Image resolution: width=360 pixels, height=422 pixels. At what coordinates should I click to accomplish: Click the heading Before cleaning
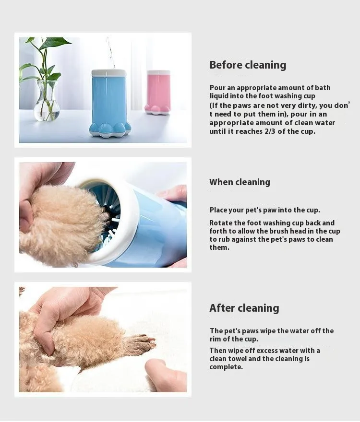248,65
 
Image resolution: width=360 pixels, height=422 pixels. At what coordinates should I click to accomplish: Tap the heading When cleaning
240,182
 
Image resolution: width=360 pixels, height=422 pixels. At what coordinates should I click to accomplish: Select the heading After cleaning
244,308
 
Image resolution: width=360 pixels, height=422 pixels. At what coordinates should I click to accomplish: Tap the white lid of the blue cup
109,73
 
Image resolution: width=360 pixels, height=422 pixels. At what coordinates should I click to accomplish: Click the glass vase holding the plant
47,101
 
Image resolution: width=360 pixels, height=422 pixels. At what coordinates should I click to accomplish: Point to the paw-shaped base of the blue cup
110,130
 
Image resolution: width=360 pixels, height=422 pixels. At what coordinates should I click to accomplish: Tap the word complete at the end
226,367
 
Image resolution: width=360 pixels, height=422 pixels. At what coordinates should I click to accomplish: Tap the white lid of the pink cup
158,73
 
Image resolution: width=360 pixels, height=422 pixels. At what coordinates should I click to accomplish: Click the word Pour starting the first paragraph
217,88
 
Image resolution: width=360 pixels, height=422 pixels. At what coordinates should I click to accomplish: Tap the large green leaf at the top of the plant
55,43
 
